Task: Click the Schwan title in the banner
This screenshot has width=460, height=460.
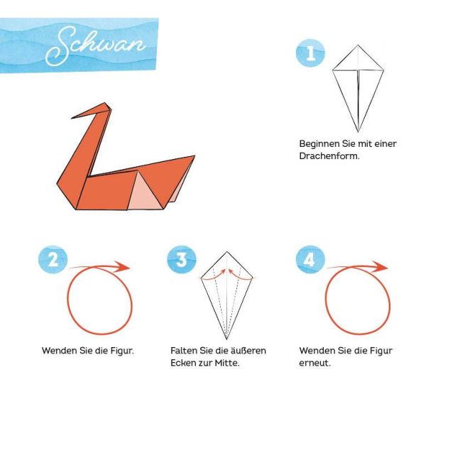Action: point(95,45)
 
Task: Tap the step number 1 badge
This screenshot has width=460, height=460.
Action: point(310,53)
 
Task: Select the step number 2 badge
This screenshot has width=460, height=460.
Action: point(53,259)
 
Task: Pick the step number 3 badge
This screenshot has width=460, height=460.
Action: point(182,259)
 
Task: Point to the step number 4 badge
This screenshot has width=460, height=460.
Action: point(310,259)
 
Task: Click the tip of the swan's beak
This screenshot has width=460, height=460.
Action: point(72,118)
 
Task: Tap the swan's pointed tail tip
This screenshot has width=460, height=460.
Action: point(195,156)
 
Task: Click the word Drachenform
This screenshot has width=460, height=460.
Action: point(329,156)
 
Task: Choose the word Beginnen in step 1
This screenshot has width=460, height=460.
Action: point(319,144)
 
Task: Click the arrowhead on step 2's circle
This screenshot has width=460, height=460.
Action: point(122,267)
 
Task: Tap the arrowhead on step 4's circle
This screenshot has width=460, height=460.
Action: point(380,266)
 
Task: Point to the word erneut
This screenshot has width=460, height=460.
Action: point(314,363)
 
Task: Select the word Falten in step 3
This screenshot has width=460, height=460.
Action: point(184,351)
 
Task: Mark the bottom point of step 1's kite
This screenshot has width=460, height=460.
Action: point(358,132)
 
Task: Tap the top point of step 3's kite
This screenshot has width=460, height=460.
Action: point(226,252)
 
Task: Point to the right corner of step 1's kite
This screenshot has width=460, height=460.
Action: point(384,70)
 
